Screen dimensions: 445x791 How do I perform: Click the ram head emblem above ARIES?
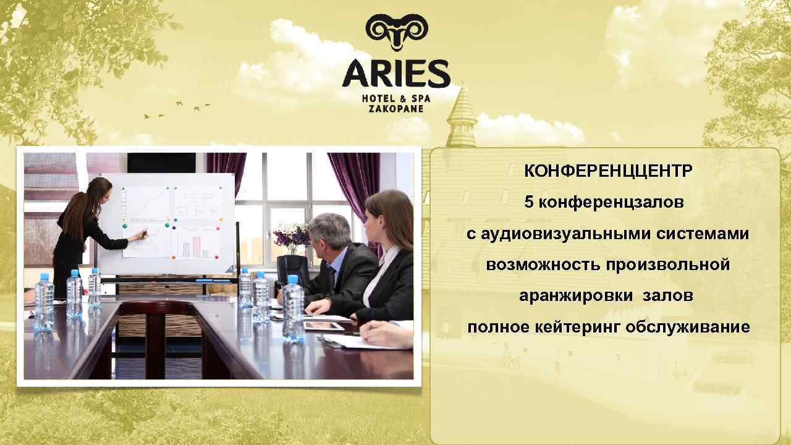395,31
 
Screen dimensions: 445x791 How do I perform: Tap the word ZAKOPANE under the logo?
395,108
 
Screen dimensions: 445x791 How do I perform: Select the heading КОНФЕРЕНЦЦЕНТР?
608,171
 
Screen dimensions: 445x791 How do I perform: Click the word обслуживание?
687,327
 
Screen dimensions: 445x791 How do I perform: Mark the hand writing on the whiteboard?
142,234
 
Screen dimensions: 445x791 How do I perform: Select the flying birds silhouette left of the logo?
176,109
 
